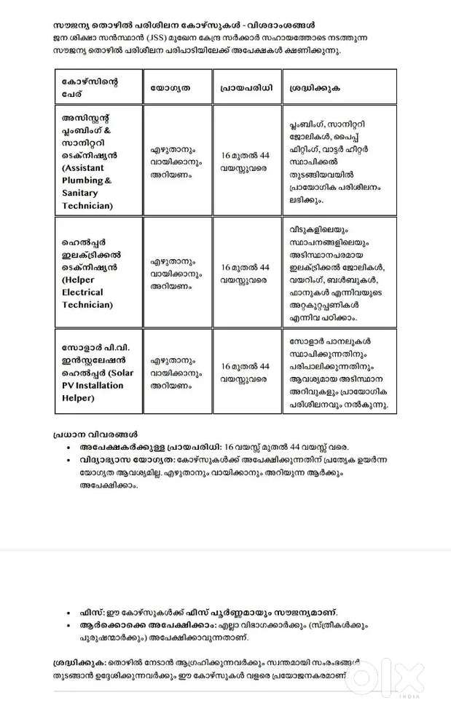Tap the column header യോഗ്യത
pos(170,88)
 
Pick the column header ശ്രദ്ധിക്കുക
pos(315,88)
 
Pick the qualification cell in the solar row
pos(176,372)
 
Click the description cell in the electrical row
pos(337,272)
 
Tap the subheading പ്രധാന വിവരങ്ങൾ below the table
pos(95,434)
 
